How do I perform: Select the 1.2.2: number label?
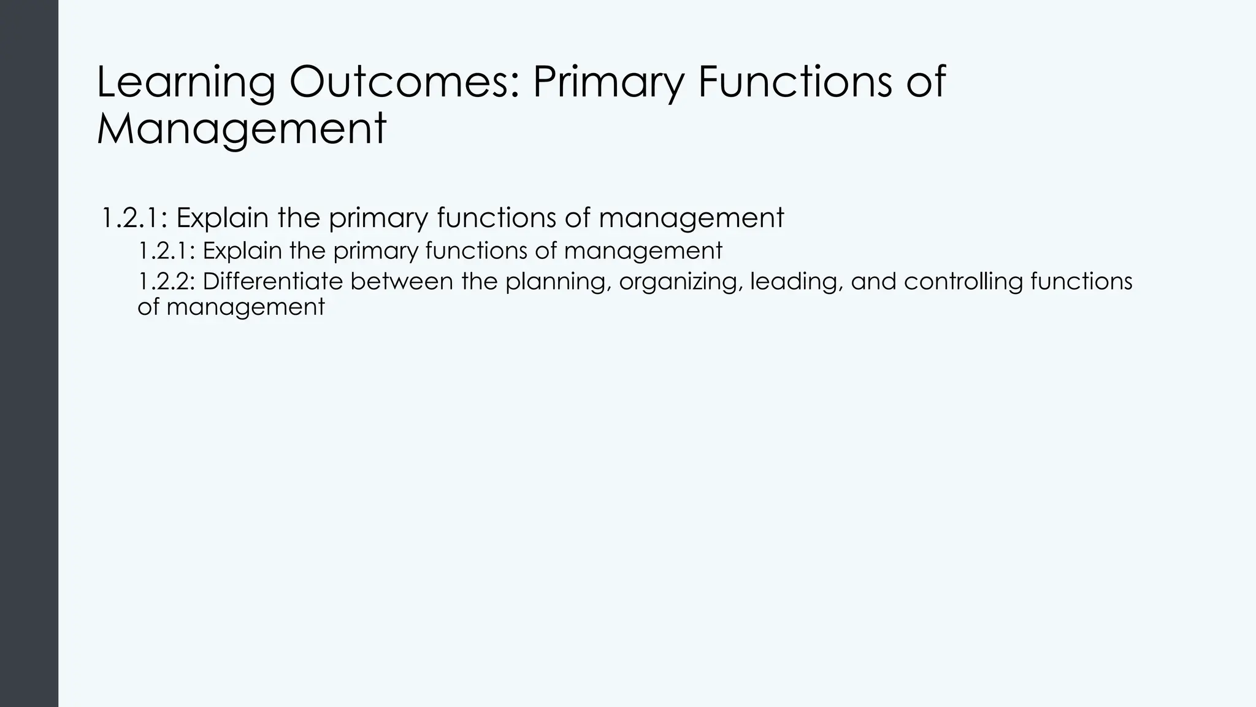[166, 282]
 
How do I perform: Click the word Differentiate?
[272, 282]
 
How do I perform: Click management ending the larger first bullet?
[691, 218]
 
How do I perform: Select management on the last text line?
[245, 307]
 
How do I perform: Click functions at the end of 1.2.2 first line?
[1081, 282]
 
